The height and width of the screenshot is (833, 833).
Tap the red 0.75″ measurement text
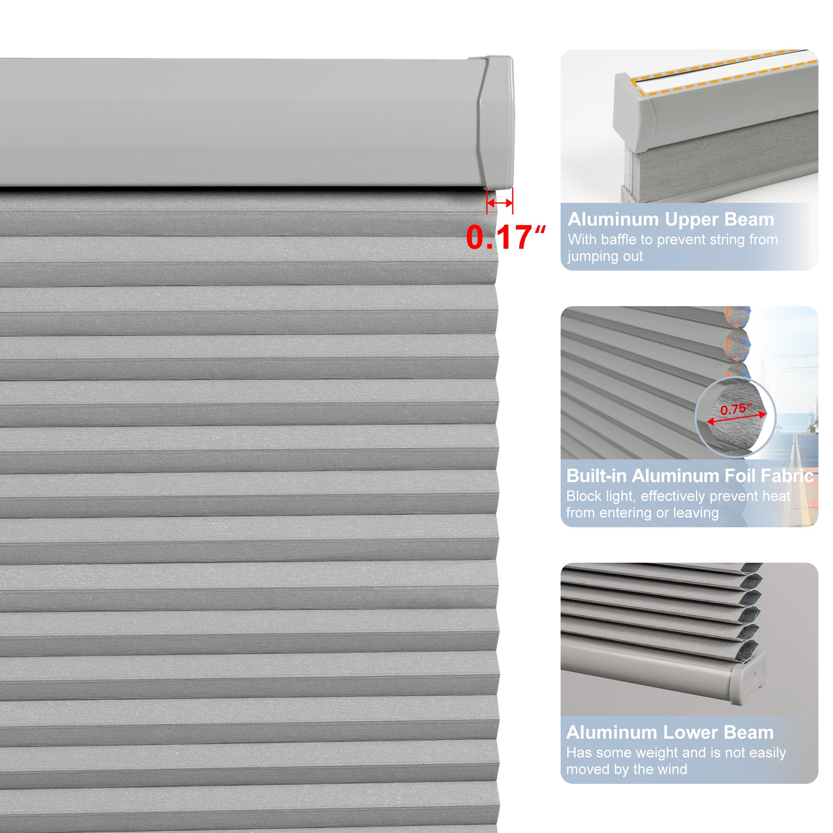point(736,409)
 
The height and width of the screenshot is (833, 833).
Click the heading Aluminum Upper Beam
point(671,219)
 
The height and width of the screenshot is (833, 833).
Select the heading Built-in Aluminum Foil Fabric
point(689,476)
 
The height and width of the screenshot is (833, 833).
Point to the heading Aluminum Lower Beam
point(670,733)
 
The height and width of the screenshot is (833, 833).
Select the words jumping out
point(605,256)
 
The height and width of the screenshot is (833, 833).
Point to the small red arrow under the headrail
point(500,203)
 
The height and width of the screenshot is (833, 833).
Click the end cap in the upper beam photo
point(633,113)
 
